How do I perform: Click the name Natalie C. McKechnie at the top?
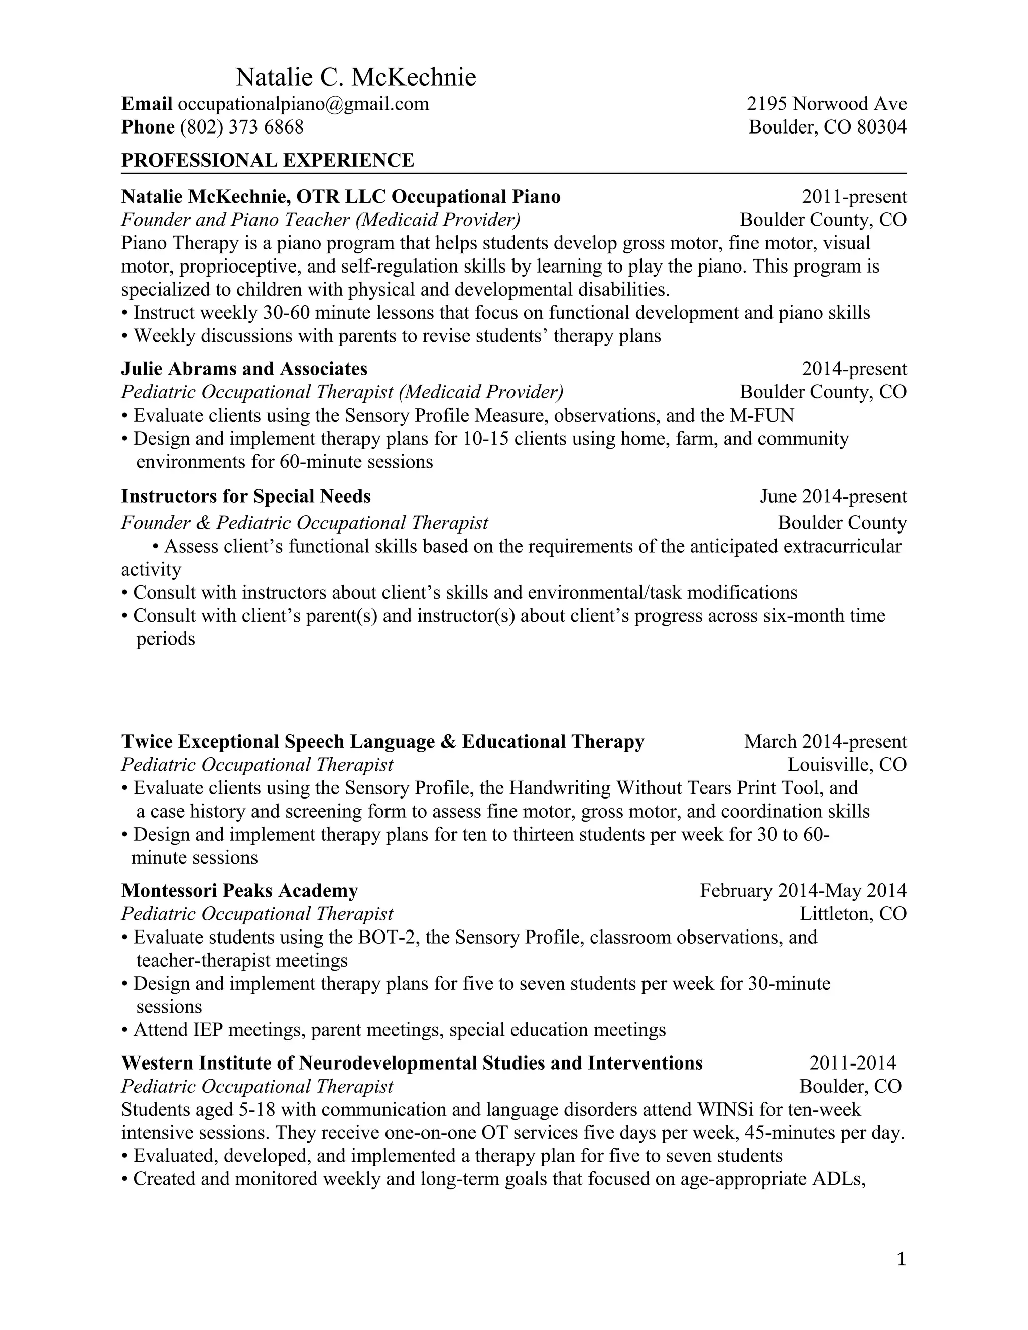pos(356,78)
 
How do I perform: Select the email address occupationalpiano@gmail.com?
pos(303,104)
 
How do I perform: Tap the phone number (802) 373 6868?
pos(242,127)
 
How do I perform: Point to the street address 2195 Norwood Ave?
pos(826,104)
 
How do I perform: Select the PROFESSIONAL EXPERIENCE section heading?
pos(268,160)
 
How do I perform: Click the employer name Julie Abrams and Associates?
pos(244,369)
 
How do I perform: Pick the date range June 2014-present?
pos(833,497)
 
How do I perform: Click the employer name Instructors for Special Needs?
pos(246,497)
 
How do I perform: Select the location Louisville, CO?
pos(846,765)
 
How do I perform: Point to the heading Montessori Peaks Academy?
pos(239,891)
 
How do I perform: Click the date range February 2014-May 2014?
pos(803,891)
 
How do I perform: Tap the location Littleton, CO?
pos(853,914)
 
